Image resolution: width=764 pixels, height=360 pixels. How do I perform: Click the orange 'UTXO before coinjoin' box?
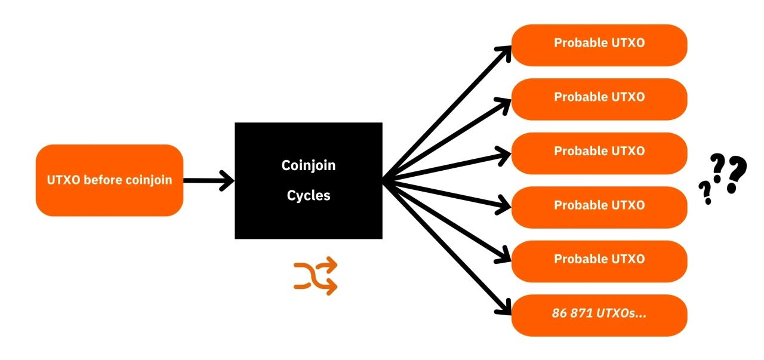tap(109, 180)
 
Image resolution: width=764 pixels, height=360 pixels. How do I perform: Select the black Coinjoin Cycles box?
tap(308, 180)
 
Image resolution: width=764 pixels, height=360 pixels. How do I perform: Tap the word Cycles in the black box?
tap(309, 195)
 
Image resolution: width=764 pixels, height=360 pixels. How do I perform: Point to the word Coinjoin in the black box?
tap(309, 165)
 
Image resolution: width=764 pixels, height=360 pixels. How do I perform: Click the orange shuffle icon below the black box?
tap(316, 276)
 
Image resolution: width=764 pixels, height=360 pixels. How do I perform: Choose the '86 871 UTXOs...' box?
tap(599, 315)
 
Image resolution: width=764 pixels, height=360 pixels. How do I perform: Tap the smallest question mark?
tap(706, 193)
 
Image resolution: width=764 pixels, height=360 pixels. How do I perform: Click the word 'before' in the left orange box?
tap(101, 180)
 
